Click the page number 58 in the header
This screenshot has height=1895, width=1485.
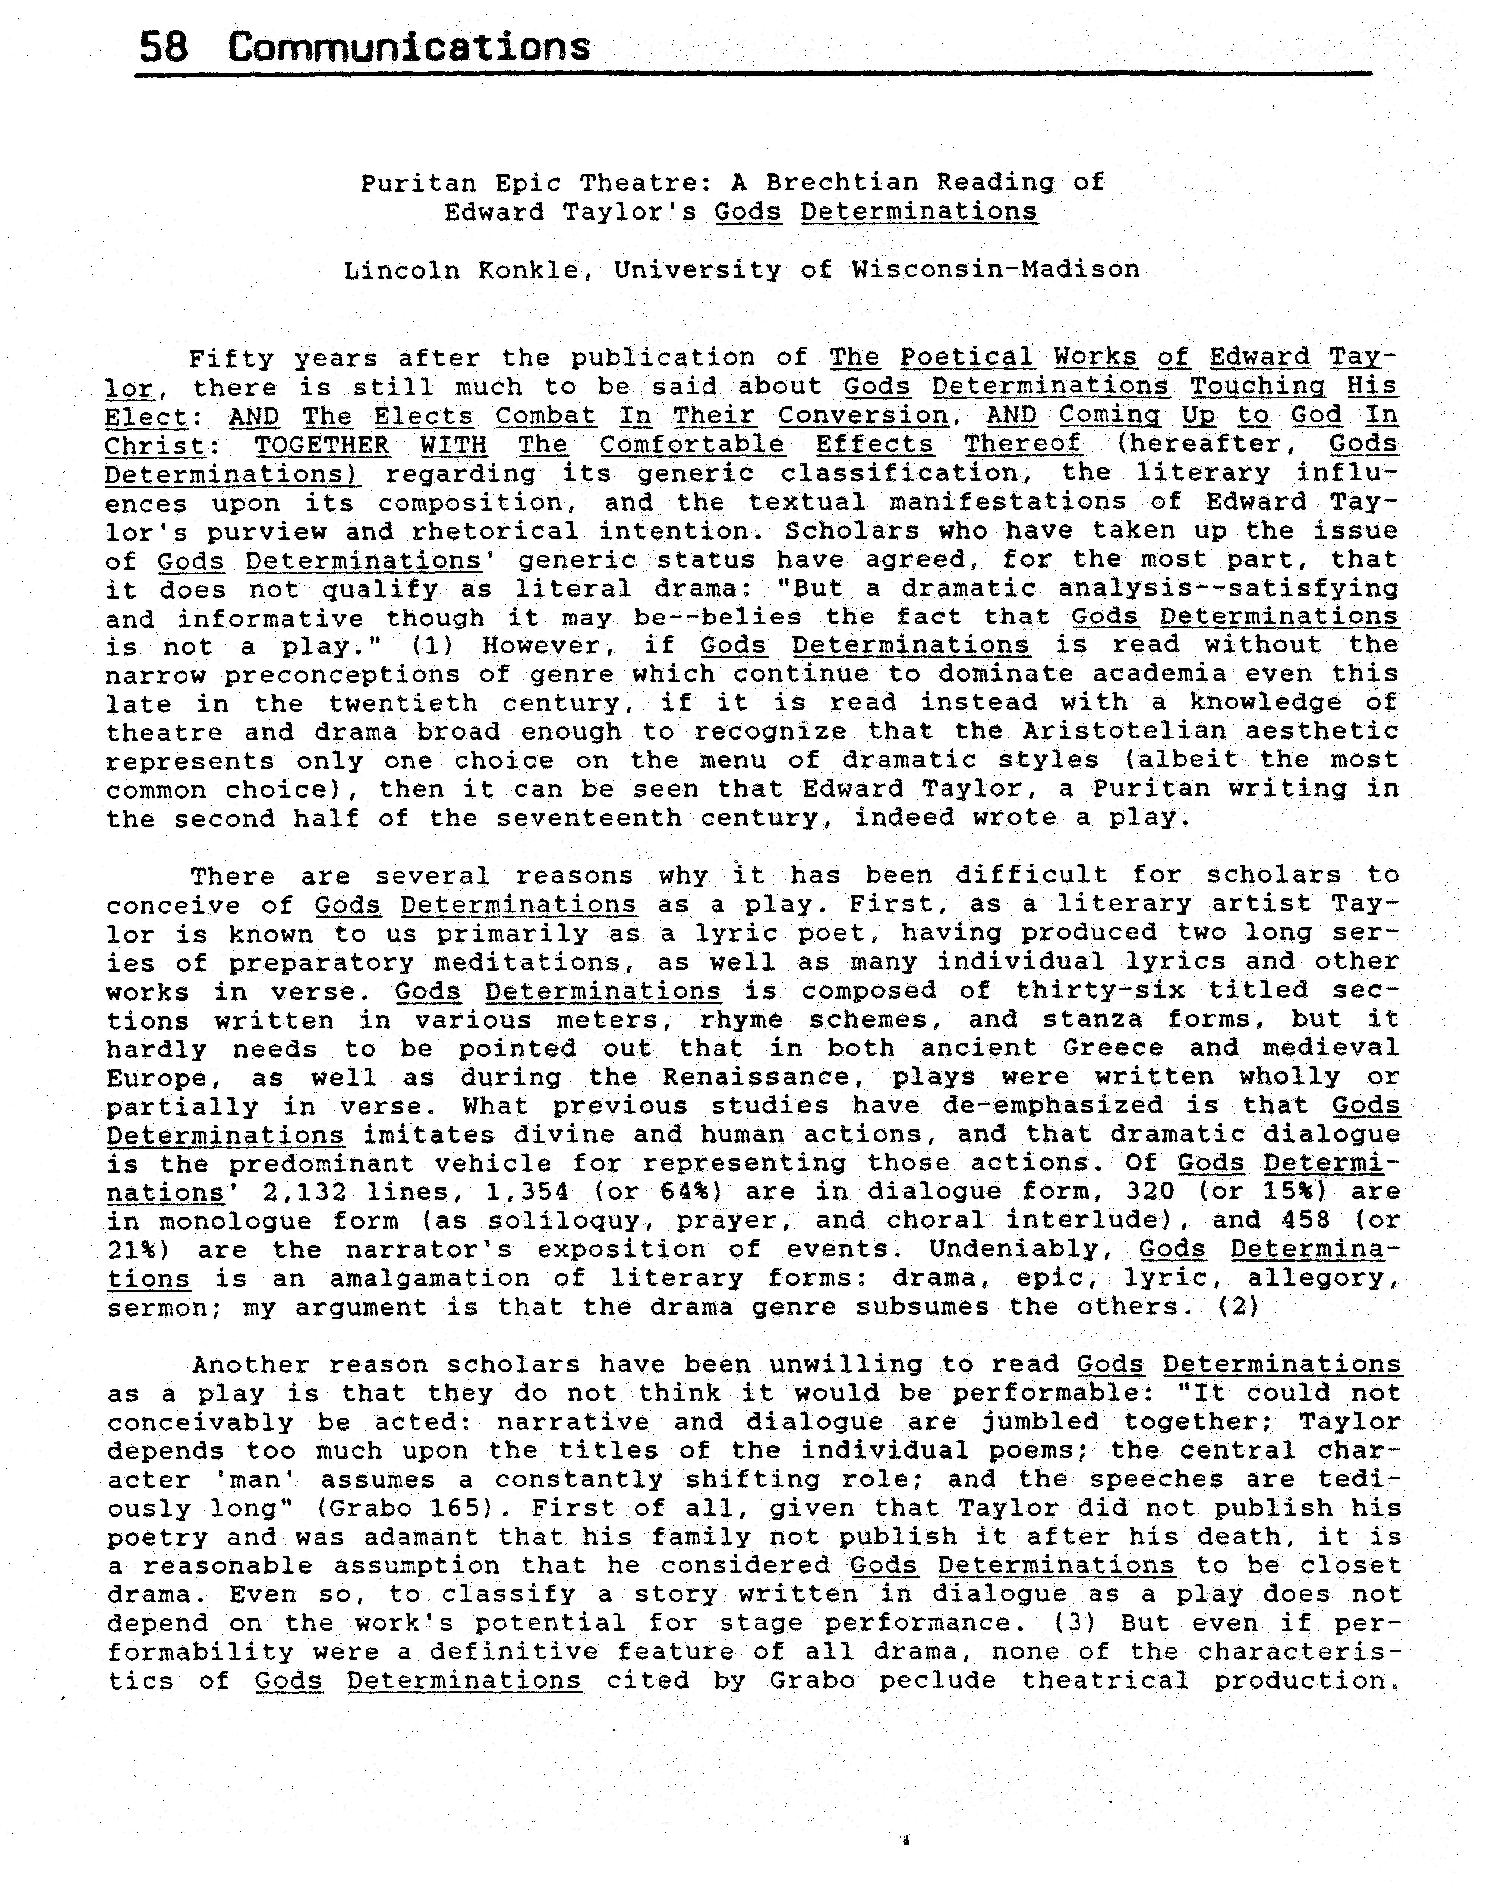tap(164, 47)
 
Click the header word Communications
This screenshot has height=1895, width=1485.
tap(409, 47)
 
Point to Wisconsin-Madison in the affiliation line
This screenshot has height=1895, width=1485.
tap(996, 270)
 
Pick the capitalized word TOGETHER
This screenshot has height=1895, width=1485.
tap(322, 445)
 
